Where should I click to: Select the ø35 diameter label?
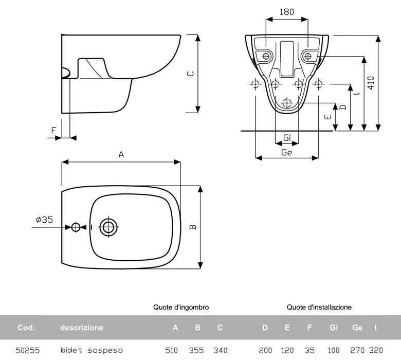tap(44, 220)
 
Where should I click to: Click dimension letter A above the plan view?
tap(121, 154)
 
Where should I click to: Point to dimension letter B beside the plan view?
tap(192, 227)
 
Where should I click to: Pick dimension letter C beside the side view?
tap(190, 74)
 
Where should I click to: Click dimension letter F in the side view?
tap(53, 131)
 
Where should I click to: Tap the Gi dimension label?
tap(287, 138)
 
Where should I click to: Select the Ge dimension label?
tap(287, 153)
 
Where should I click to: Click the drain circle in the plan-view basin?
tap(108, 226)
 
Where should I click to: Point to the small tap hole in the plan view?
tap(76, 227)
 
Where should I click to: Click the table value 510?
tap(171, 350)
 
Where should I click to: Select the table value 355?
tap(197, 350)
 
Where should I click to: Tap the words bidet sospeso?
tap(92, 350)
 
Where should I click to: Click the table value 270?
tap(357, 350)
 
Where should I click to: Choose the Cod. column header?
tap(26, 328)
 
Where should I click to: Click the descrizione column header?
tap(82, 328)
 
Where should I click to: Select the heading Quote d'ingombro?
tap(181, 307)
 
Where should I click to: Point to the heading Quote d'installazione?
tap(319, 307)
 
